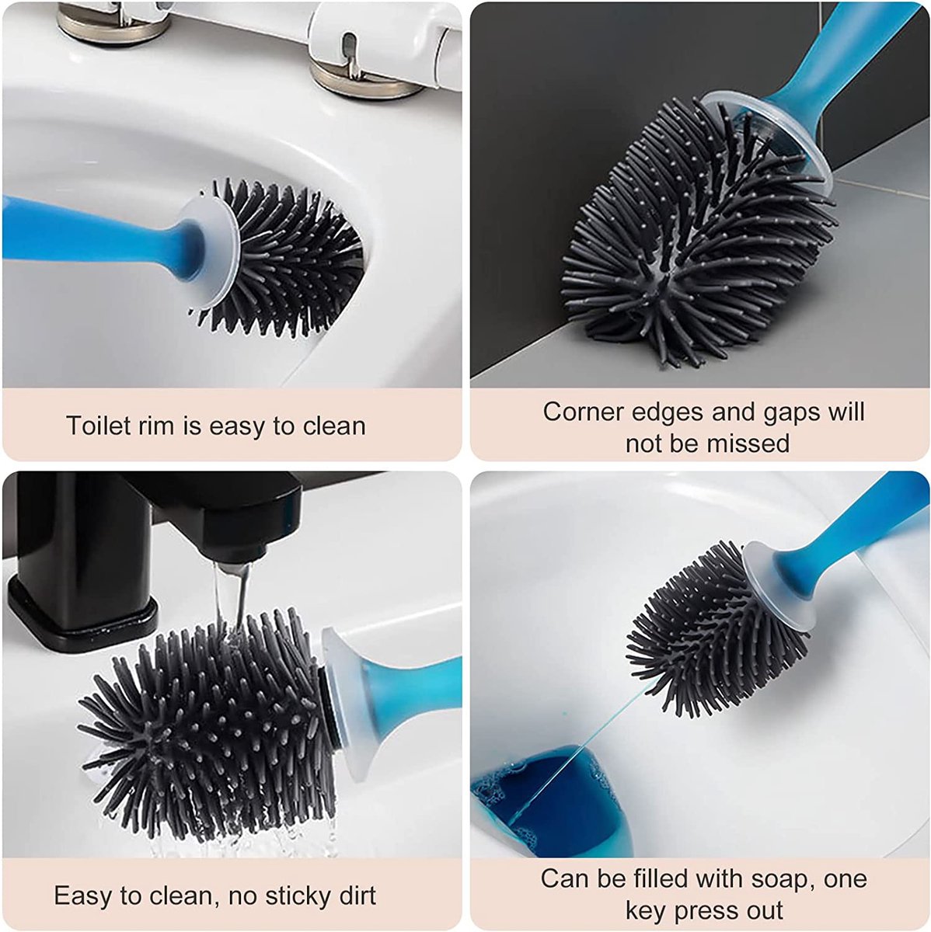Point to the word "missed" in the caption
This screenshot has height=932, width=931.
point(748,443)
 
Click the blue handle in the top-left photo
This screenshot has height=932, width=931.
point(85,233)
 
